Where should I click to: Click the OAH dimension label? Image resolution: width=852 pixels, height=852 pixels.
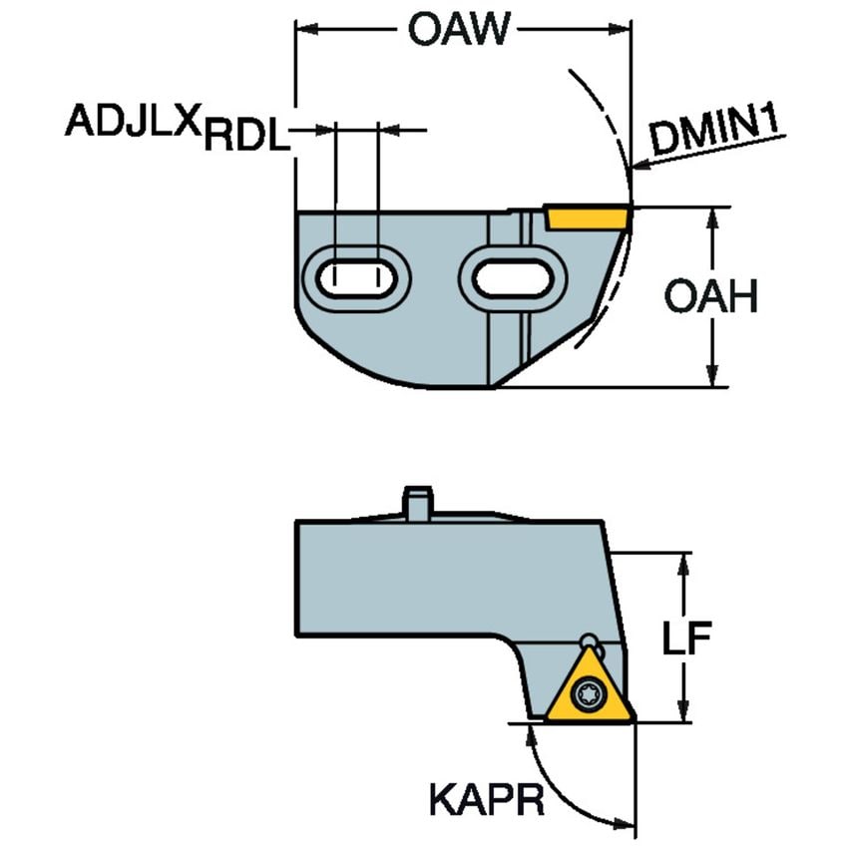pos(711,297)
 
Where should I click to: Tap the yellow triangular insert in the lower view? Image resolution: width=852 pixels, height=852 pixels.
pos(588,688)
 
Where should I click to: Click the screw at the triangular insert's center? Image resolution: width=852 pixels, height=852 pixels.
pos(588,693)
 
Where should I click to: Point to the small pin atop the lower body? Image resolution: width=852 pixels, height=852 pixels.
pos(417,501)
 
